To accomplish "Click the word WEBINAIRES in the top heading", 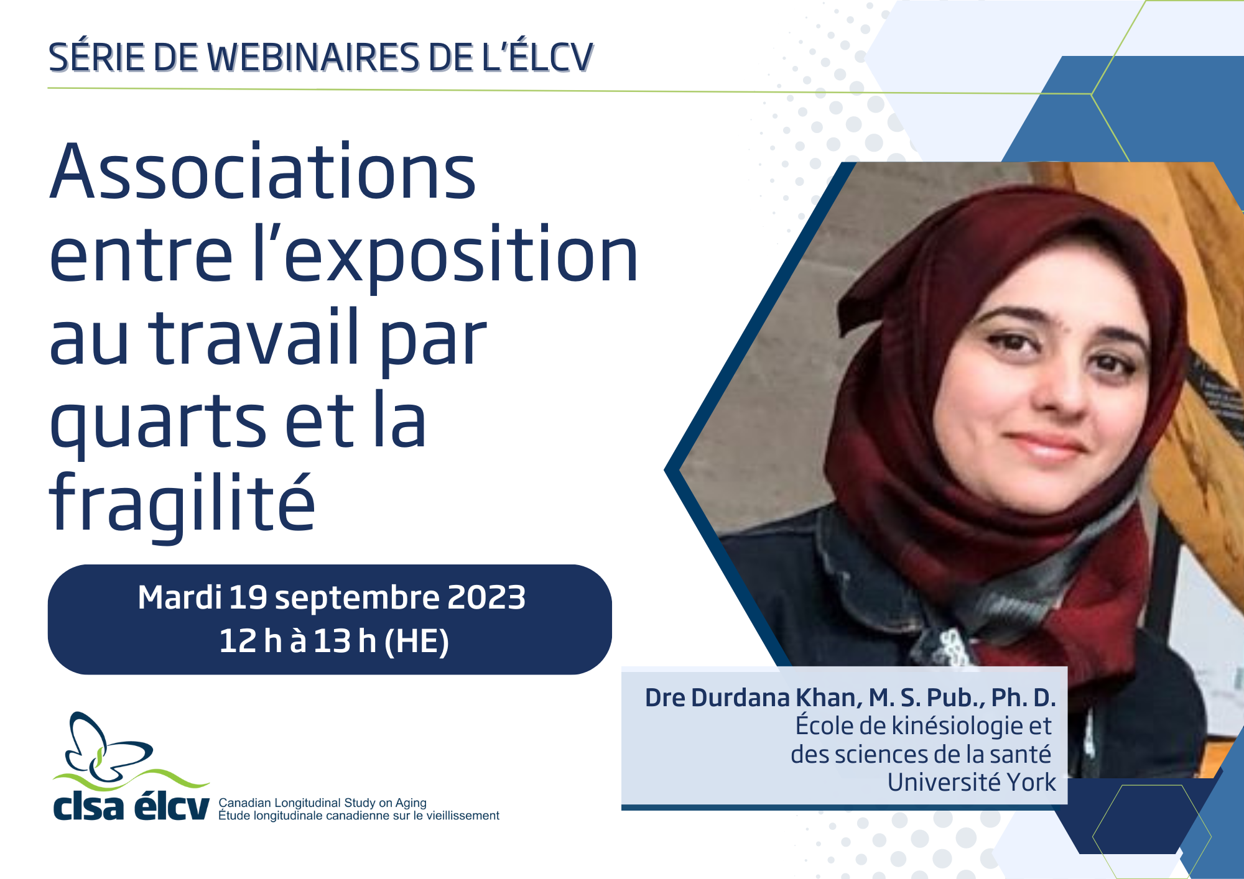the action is coord(313,58).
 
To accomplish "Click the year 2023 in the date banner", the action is coord(486,597).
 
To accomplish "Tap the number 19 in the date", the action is coord(248,597).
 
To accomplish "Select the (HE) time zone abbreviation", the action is coord(417,641).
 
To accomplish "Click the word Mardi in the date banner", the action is coord(180,597).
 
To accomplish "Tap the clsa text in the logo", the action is coord(88,806).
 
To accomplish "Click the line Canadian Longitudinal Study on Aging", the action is coord(322,803).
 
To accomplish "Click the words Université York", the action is coord(972,782).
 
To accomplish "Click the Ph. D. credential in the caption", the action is coord(1023,698).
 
